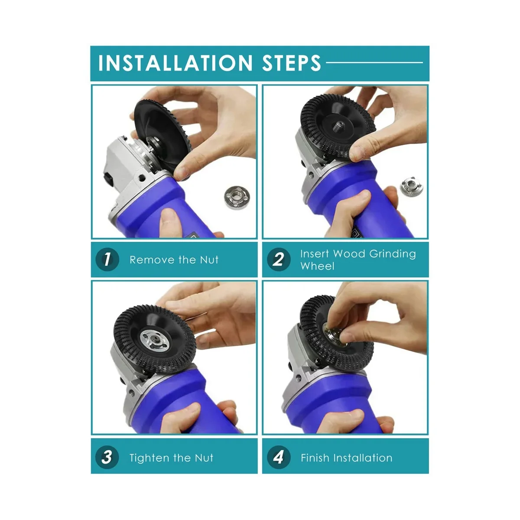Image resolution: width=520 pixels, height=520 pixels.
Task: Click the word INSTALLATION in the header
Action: pos(175,63)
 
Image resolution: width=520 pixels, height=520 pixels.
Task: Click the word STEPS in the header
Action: pos(292,63)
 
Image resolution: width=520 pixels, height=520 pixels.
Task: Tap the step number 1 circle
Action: pos(107,259)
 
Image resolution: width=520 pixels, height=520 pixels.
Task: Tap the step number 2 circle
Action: pos(279,259)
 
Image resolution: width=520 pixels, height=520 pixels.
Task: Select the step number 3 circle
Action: pos(107,457)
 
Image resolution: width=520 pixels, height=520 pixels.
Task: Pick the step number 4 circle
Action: pos(279,457)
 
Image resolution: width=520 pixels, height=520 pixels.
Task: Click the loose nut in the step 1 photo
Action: pos(237,197)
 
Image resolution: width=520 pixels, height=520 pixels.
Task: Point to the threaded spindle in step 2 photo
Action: pos(338,126)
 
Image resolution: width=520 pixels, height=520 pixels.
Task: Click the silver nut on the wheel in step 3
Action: pos(155,341)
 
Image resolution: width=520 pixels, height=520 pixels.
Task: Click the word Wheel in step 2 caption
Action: pos(317,266)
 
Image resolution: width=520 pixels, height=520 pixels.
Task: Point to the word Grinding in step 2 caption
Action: pos(393,254)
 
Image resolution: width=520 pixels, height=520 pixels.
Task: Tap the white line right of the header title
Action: pos(374,62)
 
